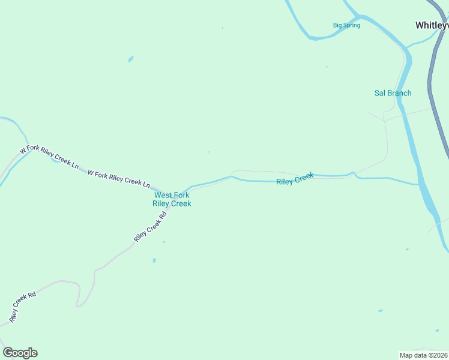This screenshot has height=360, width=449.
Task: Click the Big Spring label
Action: click(346, 25)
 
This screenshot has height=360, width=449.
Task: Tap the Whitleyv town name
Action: click(432, 25)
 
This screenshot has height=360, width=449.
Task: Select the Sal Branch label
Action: click(393, 93)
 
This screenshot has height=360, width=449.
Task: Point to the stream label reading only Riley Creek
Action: click(295, 179)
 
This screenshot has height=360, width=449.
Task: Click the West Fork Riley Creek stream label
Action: click(172, 199)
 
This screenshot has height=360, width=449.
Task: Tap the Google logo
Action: click(20, 353)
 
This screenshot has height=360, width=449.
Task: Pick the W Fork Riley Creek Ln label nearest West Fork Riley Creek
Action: click(119, 178)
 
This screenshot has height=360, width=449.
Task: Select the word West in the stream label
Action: click(163, 195)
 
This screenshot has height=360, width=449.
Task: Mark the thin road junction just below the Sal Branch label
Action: click(385, 121)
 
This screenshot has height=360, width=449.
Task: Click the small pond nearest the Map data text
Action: click(380, 311)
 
